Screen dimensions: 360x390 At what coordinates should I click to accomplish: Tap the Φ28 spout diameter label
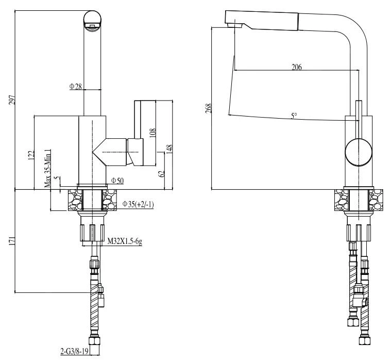point(76,86)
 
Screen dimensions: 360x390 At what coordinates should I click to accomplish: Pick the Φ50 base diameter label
point(116,181)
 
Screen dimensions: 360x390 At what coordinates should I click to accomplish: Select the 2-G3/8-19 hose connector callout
point(75,352)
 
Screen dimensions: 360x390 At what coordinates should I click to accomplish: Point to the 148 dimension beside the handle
point(169,148)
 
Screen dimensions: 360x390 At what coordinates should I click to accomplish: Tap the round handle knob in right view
point(357,153)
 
